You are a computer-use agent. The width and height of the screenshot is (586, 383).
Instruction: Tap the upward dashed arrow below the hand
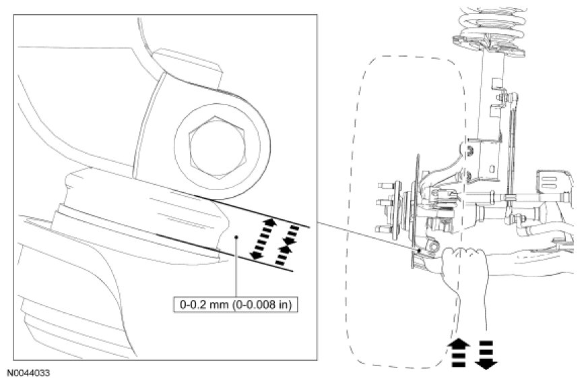(459, 352)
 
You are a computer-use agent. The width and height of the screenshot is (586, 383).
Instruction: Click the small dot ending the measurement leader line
(236, 237)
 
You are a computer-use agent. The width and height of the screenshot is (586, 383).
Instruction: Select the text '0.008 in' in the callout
(275, 305)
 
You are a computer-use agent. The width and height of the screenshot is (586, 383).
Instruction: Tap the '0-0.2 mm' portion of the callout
(201, 305)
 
